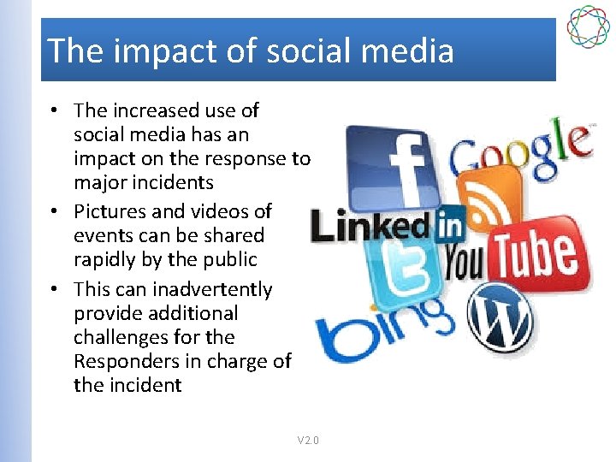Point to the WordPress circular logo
pyautogui.click(x=501, y=318)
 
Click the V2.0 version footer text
pyautogui.click(x=308, y=441)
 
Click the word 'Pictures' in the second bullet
pyautogui.click(x=110, y=211)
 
